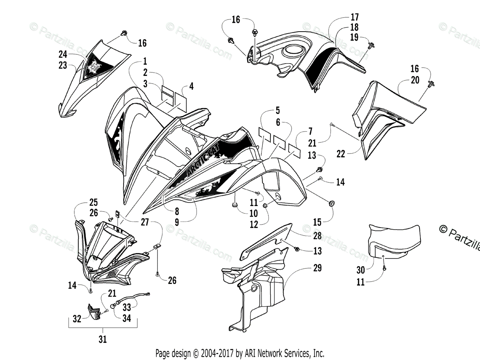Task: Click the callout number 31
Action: click(103, 340)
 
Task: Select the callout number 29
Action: click(317, 268)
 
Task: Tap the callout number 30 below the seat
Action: click(360, 270)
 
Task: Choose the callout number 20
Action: click(415, 80)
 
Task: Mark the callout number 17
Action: click(354, 17)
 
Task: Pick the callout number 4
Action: click(191, 86)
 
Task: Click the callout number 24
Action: click(63, 54)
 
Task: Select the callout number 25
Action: click(94, 202)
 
